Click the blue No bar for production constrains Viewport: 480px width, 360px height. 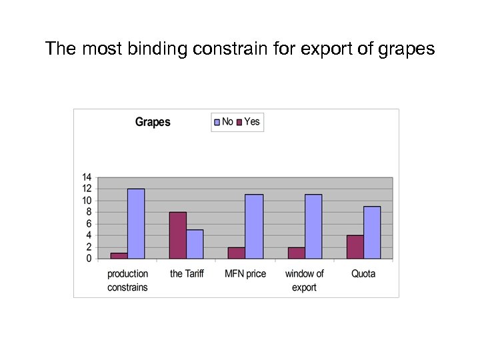pos(136,223)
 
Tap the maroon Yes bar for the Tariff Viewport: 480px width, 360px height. pos(177,235)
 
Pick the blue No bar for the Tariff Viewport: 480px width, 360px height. pos(195,244)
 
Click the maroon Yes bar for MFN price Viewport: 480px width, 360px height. pos(237,253)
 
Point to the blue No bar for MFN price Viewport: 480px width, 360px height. pos(254,226)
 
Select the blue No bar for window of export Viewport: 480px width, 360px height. pos(313,226)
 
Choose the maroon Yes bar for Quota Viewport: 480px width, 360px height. pos(355,247)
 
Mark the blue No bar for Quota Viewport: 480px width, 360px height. pos(372,232)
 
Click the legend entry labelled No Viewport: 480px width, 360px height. pos(223,121)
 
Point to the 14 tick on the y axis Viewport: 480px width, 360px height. pos(87,177)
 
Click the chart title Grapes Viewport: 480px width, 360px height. pos(153,122)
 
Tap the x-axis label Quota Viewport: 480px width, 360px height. pos(363,273)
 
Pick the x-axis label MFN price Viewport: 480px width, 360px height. pos(245,273)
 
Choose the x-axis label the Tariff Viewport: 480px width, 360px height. pos(186,273)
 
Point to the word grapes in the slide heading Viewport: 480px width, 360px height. pos(407,49)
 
